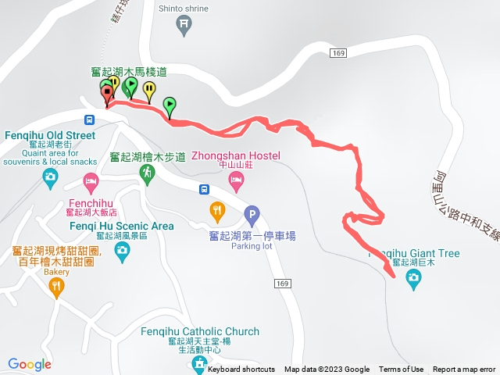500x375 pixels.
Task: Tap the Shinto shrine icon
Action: click(184, 25)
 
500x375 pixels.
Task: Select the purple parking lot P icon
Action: click(252, 213)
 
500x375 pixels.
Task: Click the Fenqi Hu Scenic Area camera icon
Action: click(122, 250)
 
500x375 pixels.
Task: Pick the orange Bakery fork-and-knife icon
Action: click(56, 287)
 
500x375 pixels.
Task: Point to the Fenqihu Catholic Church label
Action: click(199, 332)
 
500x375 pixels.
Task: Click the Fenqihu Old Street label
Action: click(50, 135)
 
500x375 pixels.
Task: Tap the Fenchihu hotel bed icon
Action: click(91, 184)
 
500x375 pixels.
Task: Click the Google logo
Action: click(30, 364)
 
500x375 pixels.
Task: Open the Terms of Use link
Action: click(401, 370)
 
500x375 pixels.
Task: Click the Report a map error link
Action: click(464, 370)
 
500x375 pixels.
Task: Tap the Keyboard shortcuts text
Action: click(241, 370)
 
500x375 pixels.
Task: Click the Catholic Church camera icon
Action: click(199, 364)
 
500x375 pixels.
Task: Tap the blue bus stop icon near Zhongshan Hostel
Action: click(203, 188)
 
